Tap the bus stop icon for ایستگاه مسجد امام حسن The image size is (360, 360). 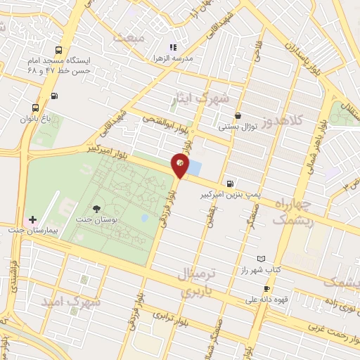point(58,50)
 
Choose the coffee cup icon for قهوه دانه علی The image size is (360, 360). point(266,289)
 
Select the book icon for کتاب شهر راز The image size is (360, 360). point(262,259)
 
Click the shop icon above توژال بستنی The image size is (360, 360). point(238,116)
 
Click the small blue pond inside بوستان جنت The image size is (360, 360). point(144,218)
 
